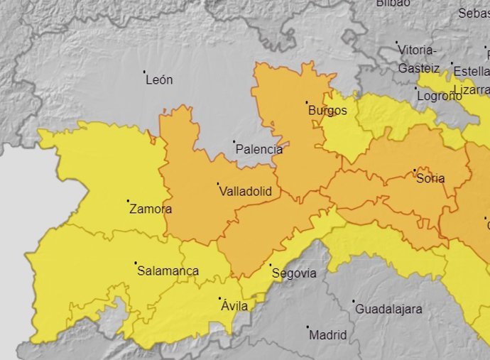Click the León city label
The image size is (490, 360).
pos(159,80)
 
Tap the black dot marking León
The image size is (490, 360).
pos(145,72)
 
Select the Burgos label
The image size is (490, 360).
pos(327,111)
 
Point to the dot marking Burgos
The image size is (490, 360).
pos(307,102)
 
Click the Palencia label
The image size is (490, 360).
pos(258,150)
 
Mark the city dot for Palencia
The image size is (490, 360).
pos(234,141)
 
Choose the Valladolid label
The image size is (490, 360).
pos(245,192)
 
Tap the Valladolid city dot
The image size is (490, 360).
pos(218,184)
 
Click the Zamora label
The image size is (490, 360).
pos(151,209)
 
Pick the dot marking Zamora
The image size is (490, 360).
pos(129,201)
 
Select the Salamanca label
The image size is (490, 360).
pos(168,271)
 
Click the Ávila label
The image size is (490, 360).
pos(234,306)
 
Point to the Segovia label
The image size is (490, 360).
pos(294,273)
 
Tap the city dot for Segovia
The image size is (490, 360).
pos(270,265)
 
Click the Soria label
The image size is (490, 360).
pos(430,178)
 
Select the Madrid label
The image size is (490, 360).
pos(328,335)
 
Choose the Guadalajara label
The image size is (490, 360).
pos(388,310)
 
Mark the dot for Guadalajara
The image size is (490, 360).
pos(353,301)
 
